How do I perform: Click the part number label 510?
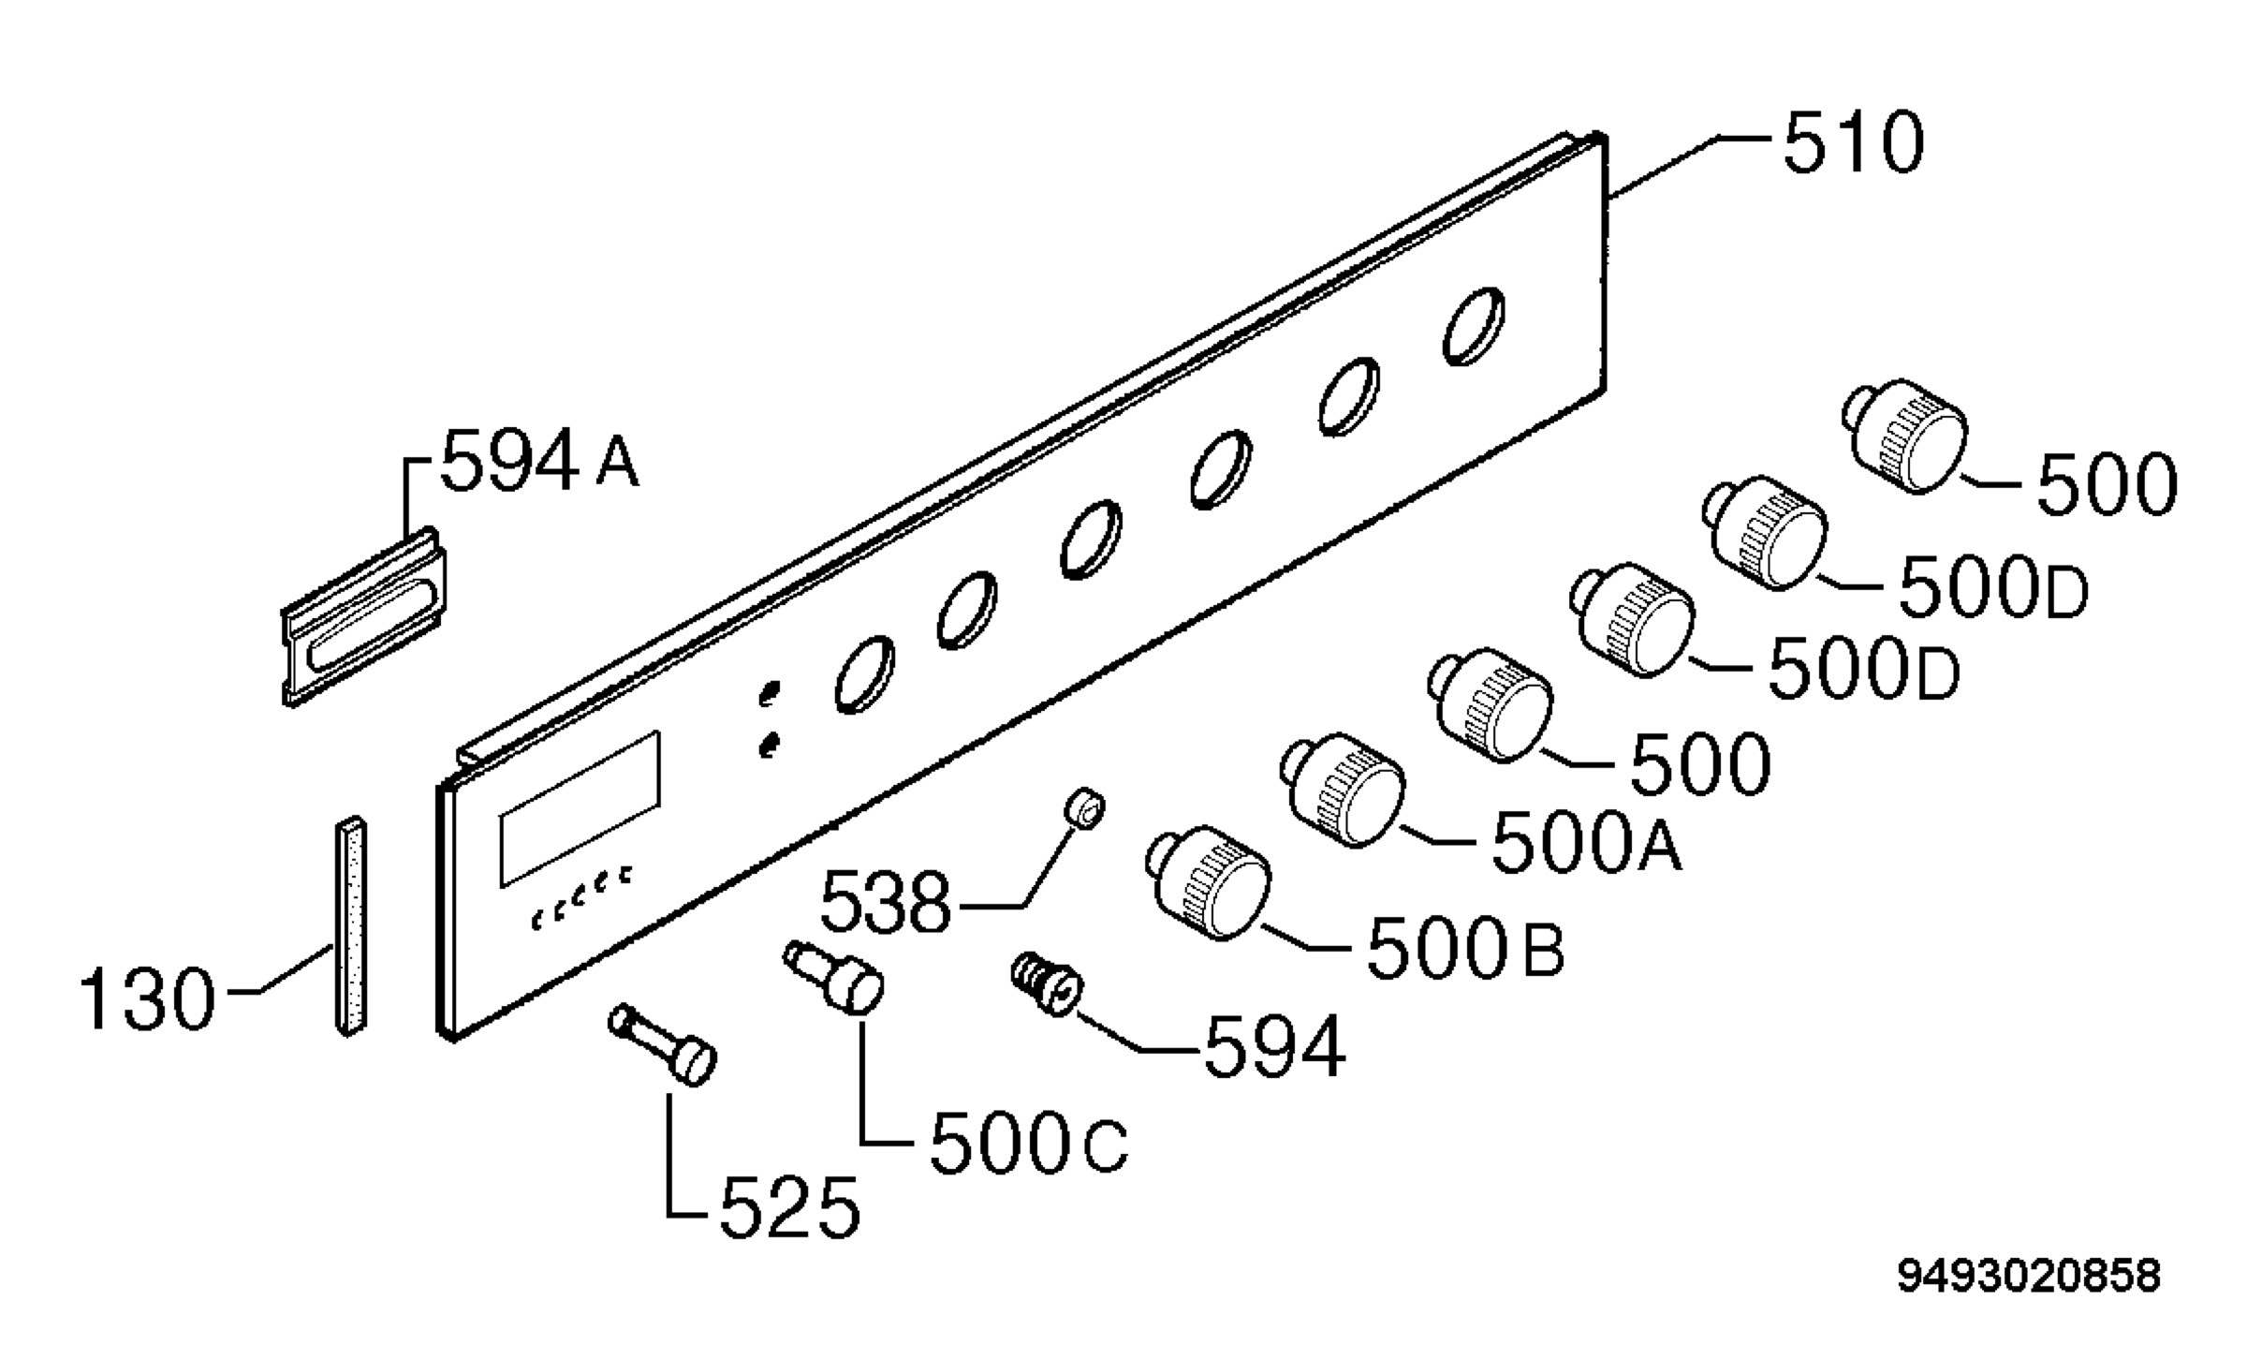(1853, 143)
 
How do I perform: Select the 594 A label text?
(540, 460)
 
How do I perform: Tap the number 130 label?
(148, 999)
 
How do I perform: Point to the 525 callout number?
(789, 1207)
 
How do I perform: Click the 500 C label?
(1029, 1145)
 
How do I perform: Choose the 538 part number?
(886, 903)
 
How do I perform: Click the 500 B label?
(1465, 948)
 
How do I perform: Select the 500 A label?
(1586, 842)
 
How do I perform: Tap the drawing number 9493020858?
(2029, 1276)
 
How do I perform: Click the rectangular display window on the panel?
(580, 808)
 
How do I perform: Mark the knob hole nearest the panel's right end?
(1474, 325)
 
